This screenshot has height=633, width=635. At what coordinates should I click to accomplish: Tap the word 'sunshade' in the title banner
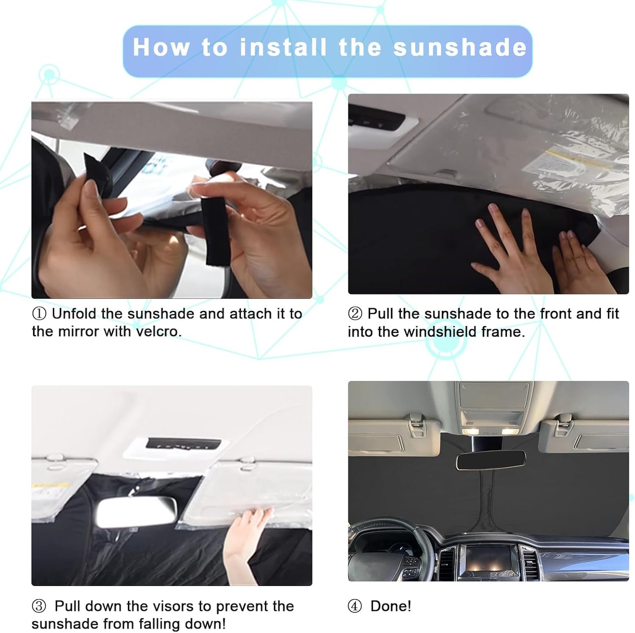(x=460, y=47)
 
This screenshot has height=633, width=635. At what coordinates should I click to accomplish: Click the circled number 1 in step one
(x=39, y=314)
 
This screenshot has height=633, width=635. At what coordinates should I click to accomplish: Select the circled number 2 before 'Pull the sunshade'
(x=355, y=314)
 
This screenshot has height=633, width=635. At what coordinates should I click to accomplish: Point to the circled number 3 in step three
(x=39, y=607)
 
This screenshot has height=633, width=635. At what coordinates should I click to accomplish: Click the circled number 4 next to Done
(x=355, y=607)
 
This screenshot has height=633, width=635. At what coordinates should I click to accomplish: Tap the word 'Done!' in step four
(x=391, y=606)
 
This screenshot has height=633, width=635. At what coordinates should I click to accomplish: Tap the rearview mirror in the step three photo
(x=136, y=513)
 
